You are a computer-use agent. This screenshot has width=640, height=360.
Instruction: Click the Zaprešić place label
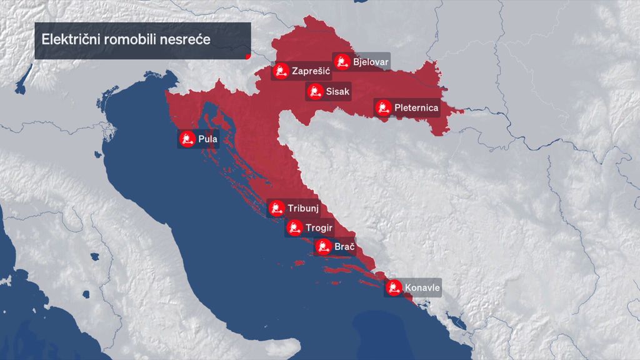(311, 71)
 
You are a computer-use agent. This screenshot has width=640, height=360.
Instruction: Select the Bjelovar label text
(371, 62)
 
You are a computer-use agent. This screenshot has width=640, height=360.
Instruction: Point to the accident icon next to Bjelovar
(341, 61)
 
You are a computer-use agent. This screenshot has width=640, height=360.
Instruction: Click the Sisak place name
(338, 92)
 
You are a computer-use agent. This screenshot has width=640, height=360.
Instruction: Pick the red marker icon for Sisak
(314, 92)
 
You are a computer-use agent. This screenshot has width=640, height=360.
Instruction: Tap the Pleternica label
(416, 108)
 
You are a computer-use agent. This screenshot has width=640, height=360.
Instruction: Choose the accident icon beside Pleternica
(383, 107)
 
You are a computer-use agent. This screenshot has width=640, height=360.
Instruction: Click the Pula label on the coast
(207, 139)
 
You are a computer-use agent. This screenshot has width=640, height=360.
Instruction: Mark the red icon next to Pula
(186, 139)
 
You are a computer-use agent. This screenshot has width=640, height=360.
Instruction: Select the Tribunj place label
(303, 207)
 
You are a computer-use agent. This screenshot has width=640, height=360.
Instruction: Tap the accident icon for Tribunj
(276, 207)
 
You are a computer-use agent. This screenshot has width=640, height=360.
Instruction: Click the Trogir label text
(319, 227)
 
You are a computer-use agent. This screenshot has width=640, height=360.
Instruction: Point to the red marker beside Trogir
(294, 227)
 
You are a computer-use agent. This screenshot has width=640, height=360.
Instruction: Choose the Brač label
(344, 247)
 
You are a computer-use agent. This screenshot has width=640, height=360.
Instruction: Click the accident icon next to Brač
(322, 247)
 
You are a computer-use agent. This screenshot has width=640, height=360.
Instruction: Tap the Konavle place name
(422, 288)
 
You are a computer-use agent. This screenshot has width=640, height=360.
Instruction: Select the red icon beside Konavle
(394, 288)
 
